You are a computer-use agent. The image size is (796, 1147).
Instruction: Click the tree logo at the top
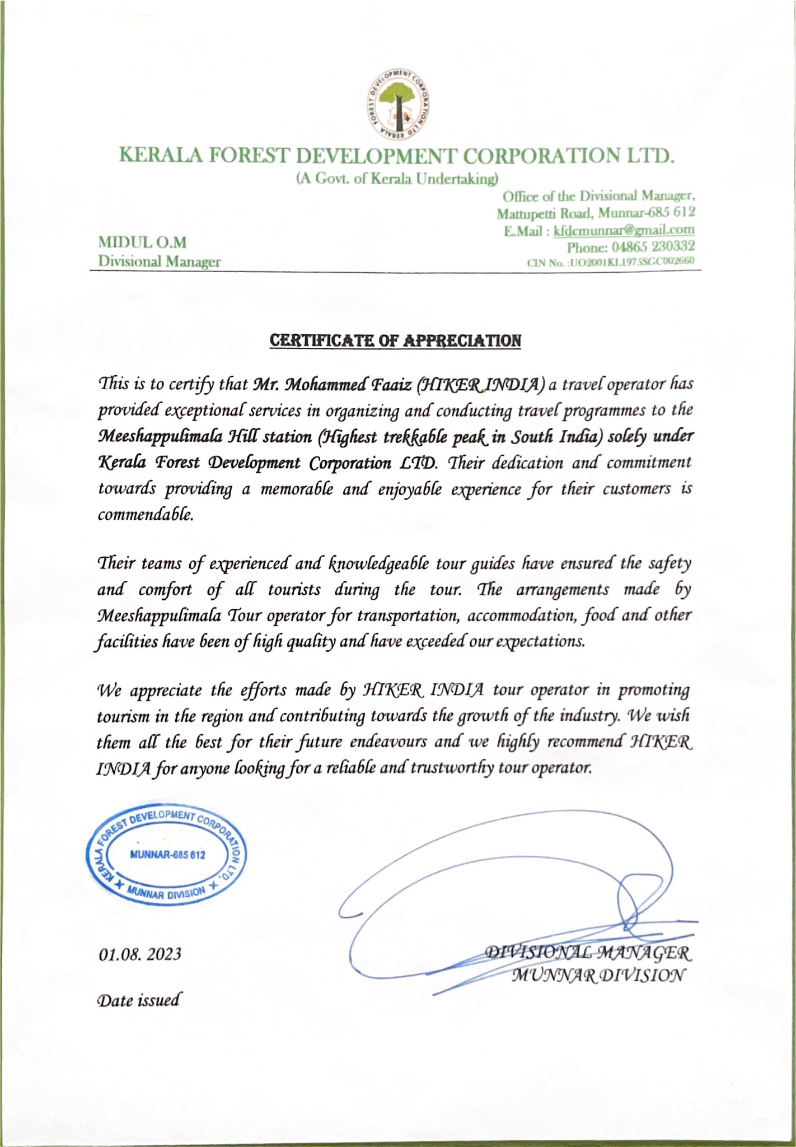397,106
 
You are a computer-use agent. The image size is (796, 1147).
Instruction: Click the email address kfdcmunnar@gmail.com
624,230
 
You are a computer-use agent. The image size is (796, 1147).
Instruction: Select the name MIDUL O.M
142,243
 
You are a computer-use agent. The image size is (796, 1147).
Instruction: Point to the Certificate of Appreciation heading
395,340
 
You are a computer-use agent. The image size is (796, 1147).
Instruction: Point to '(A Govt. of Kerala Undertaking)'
397,179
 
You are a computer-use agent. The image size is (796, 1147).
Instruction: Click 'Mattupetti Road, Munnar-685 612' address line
596,213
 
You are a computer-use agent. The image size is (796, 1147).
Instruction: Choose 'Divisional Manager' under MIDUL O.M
159,261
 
